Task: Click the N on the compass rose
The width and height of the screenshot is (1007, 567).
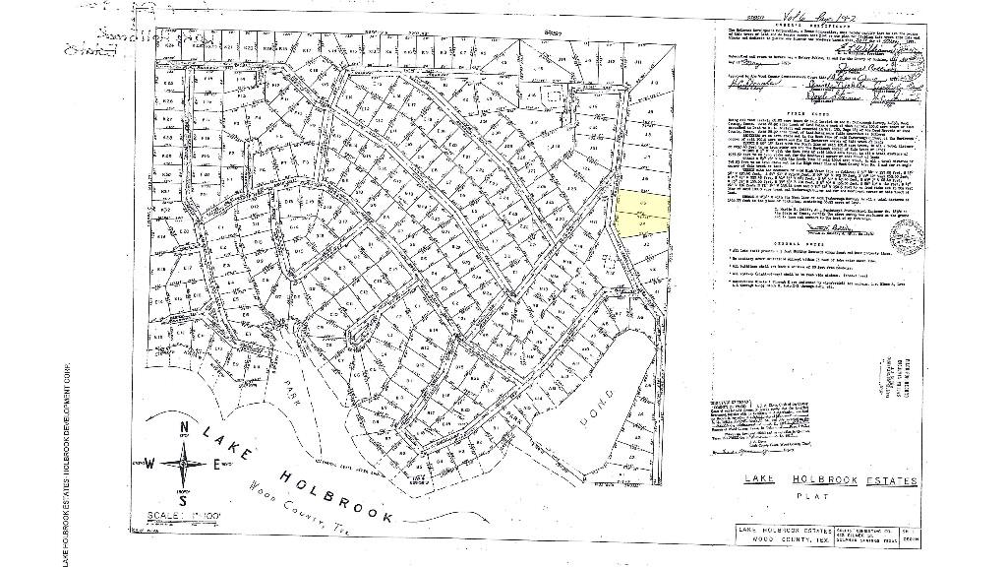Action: tap(183, 427)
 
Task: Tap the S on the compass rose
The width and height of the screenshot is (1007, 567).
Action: tap(182, 502)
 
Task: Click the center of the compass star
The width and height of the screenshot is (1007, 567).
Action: tap(183, 464)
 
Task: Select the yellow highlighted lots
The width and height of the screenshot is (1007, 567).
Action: tap(641, 214)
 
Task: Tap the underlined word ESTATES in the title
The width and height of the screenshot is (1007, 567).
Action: tap(887, 481)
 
